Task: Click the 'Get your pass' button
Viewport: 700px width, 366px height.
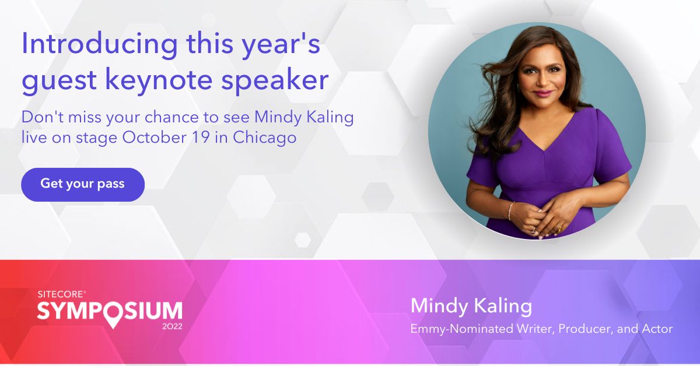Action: pyautogui.click(x=83, y=185)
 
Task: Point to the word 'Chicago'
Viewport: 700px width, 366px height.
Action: pyautogui.click(x=265, y=138)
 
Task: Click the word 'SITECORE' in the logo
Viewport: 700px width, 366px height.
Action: pyautogui.click(x=61, y=294)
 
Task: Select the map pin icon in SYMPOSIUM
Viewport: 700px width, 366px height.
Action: pyautogui.click(x=113, y=315)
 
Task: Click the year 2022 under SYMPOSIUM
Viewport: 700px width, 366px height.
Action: pyautogui.click(x=172, y=326)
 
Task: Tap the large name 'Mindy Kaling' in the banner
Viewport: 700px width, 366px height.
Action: pyautogui.click(x=471, y=306)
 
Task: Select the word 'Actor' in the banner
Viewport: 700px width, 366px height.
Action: pyautogui.click(x=657, y=329)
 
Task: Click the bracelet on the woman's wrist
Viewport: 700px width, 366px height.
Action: pyautogui.click(x=510, y=211)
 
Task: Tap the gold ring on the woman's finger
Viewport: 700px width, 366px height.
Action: pyautogui.click(x=559, y=227)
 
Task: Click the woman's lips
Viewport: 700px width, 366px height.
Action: pyautogui.click(x=543, y=93)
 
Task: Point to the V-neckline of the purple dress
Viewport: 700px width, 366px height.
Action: pyautogui.click(x=545, y=137)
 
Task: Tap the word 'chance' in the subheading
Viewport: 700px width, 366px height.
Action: pyautogui.click(x=171, y=117)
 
